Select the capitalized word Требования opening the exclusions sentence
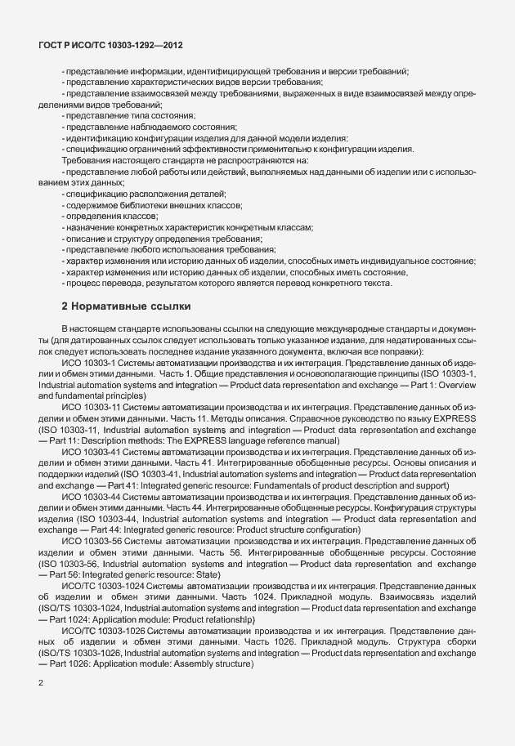(88, 160)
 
